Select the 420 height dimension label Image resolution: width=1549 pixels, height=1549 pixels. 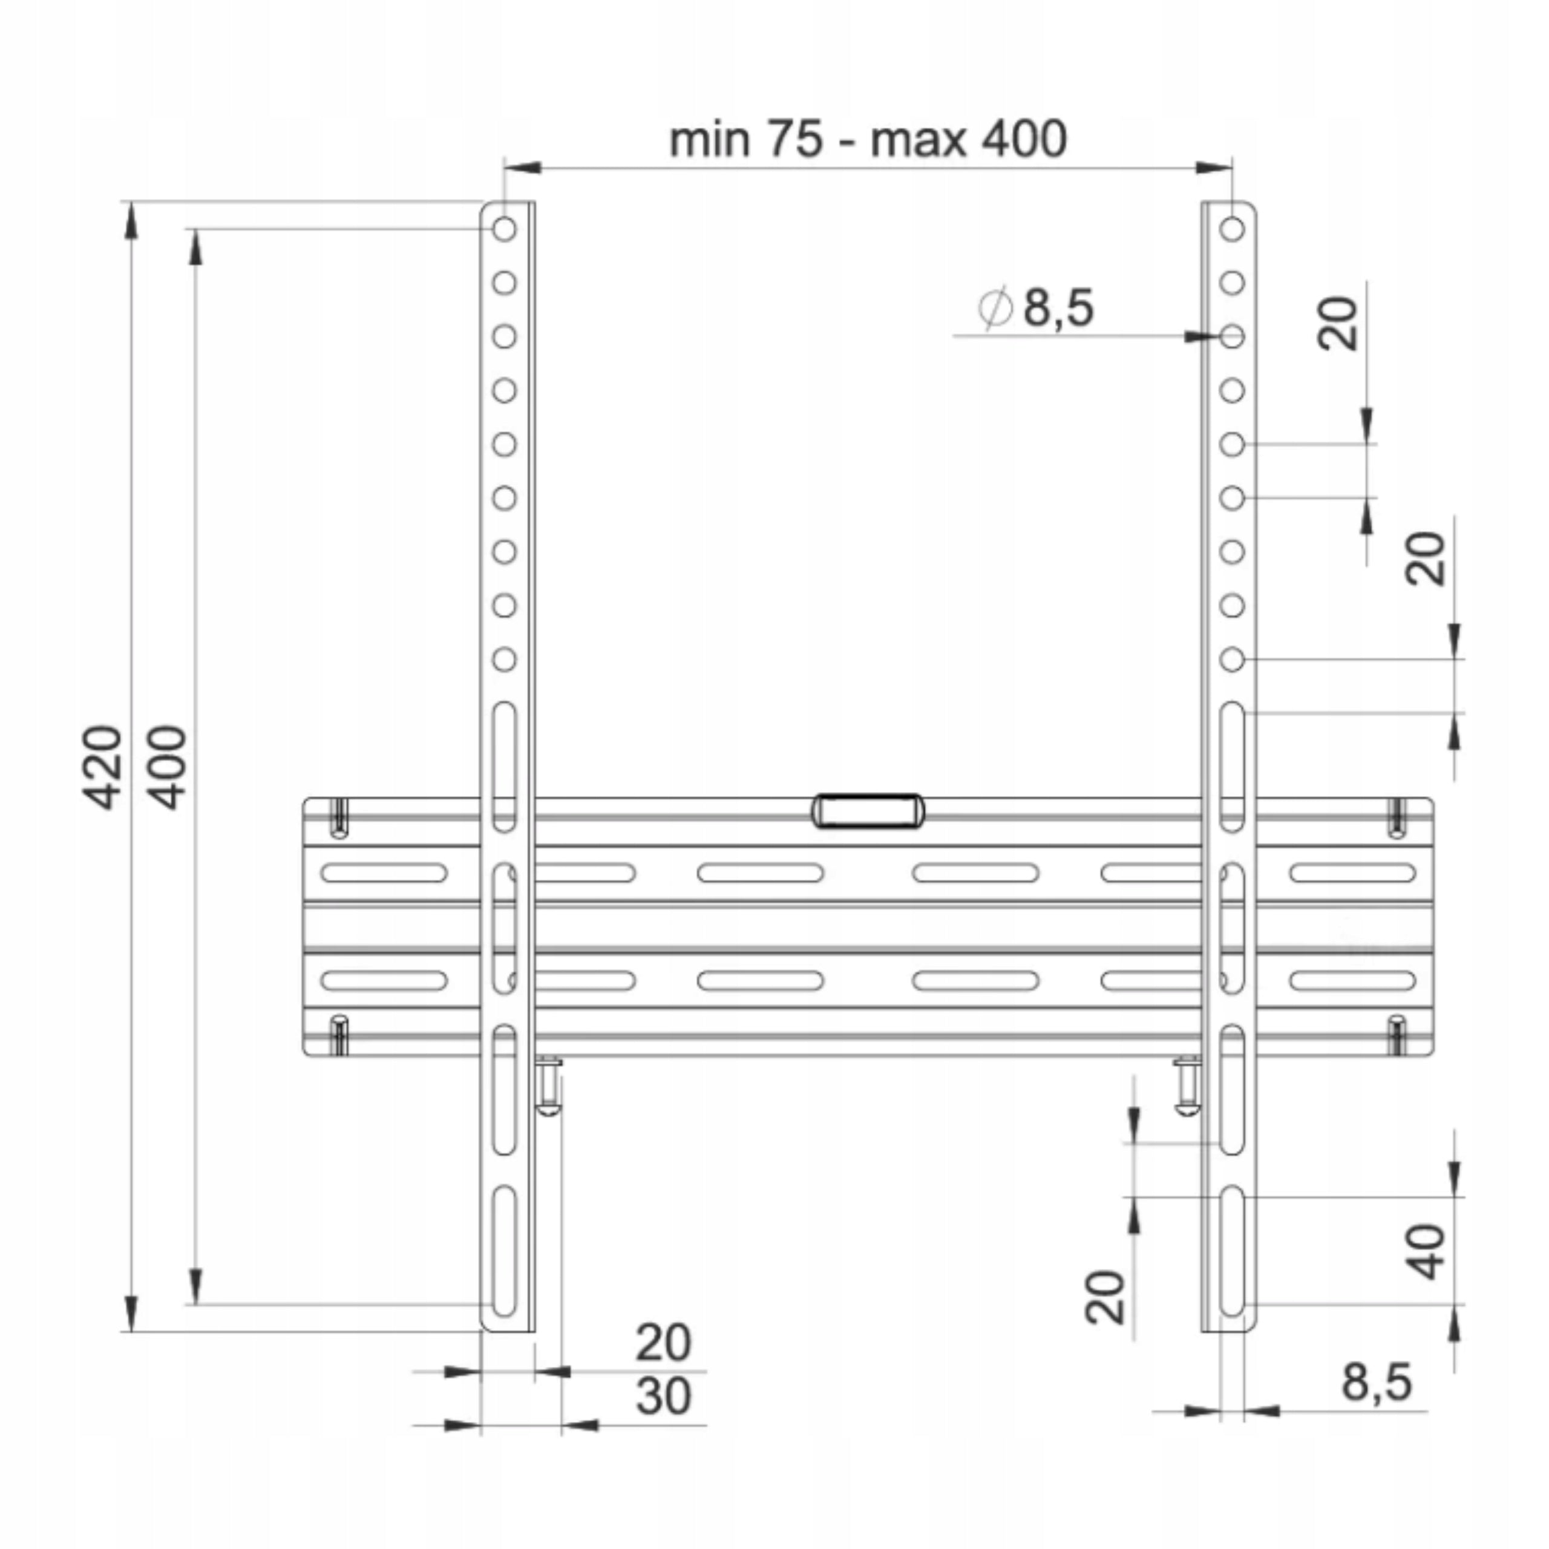(103, 767)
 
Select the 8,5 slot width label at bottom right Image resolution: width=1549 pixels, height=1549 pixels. (1376, 1381)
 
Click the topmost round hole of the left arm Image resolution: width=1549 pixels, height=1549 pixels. (504, 229)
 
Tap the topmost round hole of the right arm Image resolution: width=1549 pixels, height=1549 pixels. (1233, 229)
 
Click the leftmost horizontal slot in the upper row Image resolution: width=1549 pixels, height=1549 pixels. (384, 873)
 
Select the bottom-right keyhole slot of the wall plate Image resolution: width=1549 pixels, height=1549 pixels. (1397, 1035)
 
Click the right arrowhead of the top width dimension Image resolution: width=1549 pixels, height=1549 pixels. (1214, 168)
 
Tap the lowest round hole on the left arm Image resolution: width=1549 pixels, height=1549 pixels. (504, 659)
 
